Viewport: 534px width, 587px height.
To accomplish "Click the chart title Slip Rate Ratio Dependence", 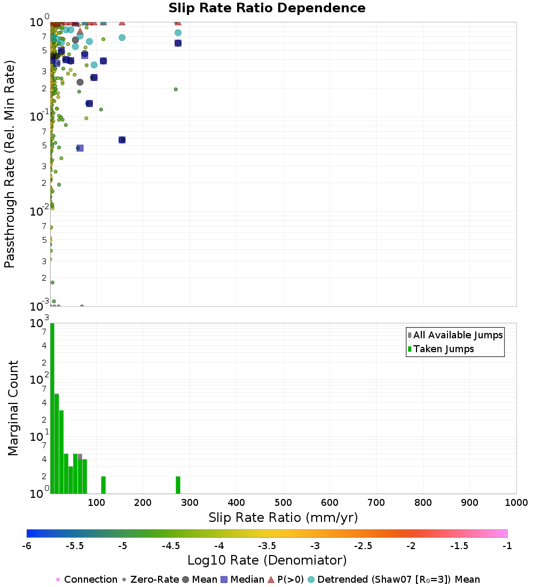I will click(267, 9).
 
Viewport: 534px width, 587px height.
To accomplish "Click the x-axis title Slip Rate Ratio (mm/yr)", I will click(283, 518).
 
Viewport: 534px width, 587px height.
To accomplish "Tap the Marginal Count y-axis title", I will click(13, 408).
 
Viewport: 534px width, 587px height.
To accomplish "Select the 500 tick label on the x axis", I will click(283, 503).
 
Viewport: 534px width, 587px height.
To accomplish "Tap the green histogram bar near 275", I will click(178, 485).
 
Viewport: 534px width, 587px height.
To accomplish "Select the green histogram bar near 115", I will click(103, 485).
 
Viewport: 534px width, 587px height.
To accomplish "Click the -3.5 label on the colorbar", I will click(267, 546).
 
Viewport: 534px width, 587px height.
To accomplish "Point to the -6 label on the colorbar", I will click(27, 546).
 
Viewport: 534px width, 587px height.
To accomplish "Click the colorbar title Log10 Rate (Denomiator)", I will click(267, 560).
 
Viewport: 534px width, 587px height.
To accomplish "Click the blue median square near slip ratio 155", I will click(122, 140).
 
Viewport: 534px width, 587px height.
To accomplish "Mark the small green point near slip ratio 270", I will click(175, 89).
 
